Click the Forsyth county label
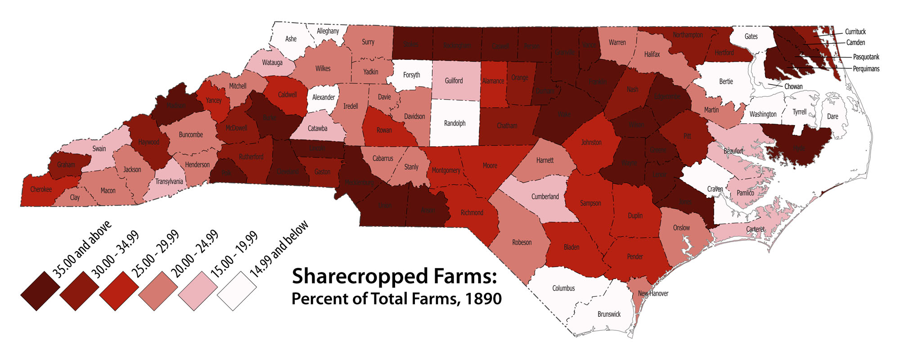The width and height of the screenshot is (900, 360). pos(411,75)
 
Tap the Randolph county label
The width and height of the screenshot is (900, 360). pos(454,123)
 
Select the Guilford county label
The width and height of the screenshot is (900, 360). pos(454,81)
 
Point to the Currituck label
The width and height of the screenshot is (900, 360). pos(855,31)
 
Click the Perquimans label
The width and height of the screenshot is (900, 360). pos(866,69)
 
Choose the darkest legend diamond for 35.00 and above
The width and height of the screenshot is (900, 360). pos(40,291)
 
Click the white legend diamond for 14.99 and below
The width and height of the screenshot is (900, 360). pos(237,291)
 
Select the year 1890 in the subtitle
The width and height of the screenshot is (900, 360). pos(484,299)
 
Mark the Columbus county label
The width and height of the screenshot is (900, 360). pos(563,288)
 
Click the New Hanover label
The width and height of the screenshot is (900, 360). pos(653,293)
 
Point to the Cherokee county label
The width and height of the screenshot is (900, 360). pos(41,189)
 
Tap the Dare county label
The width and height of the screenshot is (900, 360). pos(832,117)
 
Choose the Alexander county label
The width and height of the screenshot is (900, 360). pos(324,97)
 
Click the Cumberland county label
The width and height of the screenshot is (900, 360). pos(545,197)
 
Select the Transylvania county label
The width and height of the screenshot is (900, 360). pos(169,182)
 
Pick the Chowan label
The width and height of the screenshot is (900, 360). pos(793,86)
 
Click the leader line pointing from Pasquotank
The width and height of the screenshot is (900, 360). pos(823,57)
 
